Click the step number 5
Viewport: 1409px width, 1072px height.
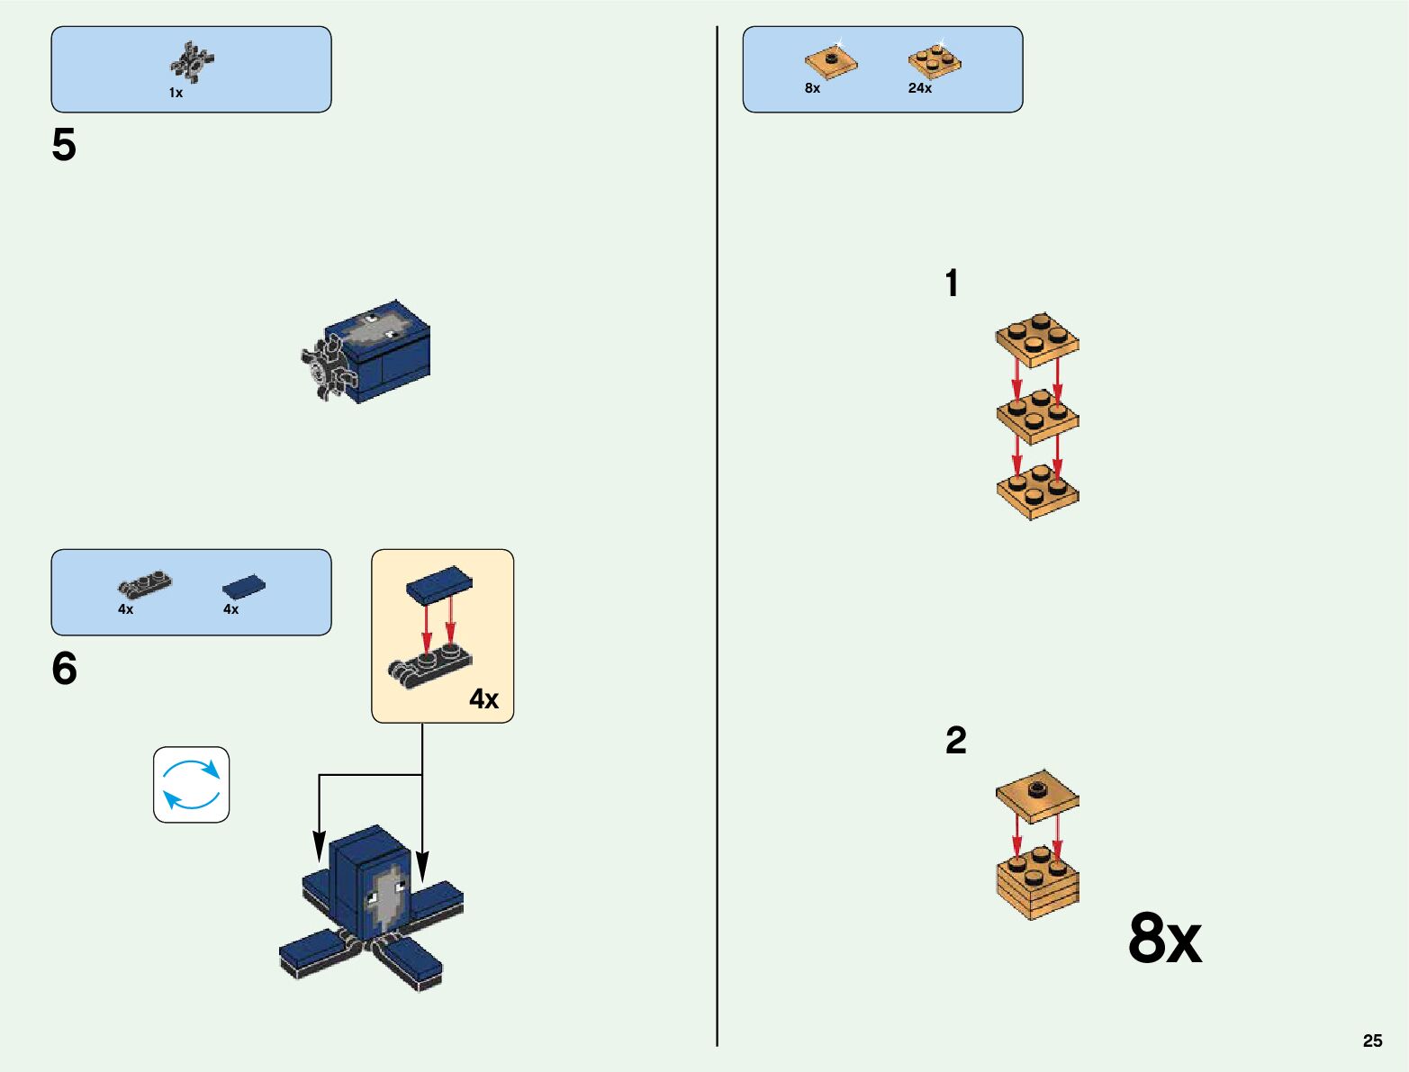[x=64, y=145]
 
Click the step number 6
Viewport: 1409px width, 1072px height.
[x=64, y=669]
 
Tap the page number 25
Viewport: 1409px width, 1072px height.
[x=1372, y=1040]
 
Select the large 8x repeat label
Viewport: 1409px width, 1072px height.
[x=1164, y=939]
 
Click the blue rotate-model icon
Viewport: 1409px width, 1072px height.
[x=191, y=785]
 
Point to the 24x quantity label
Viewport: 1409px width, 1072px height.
[x=919, y=88]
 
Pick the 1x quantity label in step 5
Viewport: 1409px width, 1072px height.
[x=176, y=93]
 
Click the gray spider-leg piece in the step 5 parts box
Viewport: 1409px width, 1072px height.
[x=191, y=62]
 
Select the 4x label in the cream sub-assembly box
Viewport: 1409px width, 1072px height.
[x=483, y=698]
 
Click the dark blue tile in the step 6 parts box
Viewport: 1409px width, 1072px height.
[x=244, y=587]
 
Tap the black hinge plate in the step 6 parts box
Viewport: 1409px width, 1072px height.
[x=144, y=585]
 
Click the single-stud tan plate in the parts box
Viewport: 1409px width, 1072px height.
[x=830, y=62]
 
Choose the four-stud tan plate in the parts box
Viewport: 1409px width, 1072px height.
[x=935, y=61]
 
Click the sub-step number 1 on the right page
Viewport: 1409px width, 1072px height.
[x=952, y=284]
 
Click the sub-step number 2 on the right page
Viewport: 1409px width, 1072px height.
[x=955, y=741]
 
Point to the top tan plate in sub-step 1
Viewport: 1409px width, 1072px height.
[x=1037, y=339]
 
